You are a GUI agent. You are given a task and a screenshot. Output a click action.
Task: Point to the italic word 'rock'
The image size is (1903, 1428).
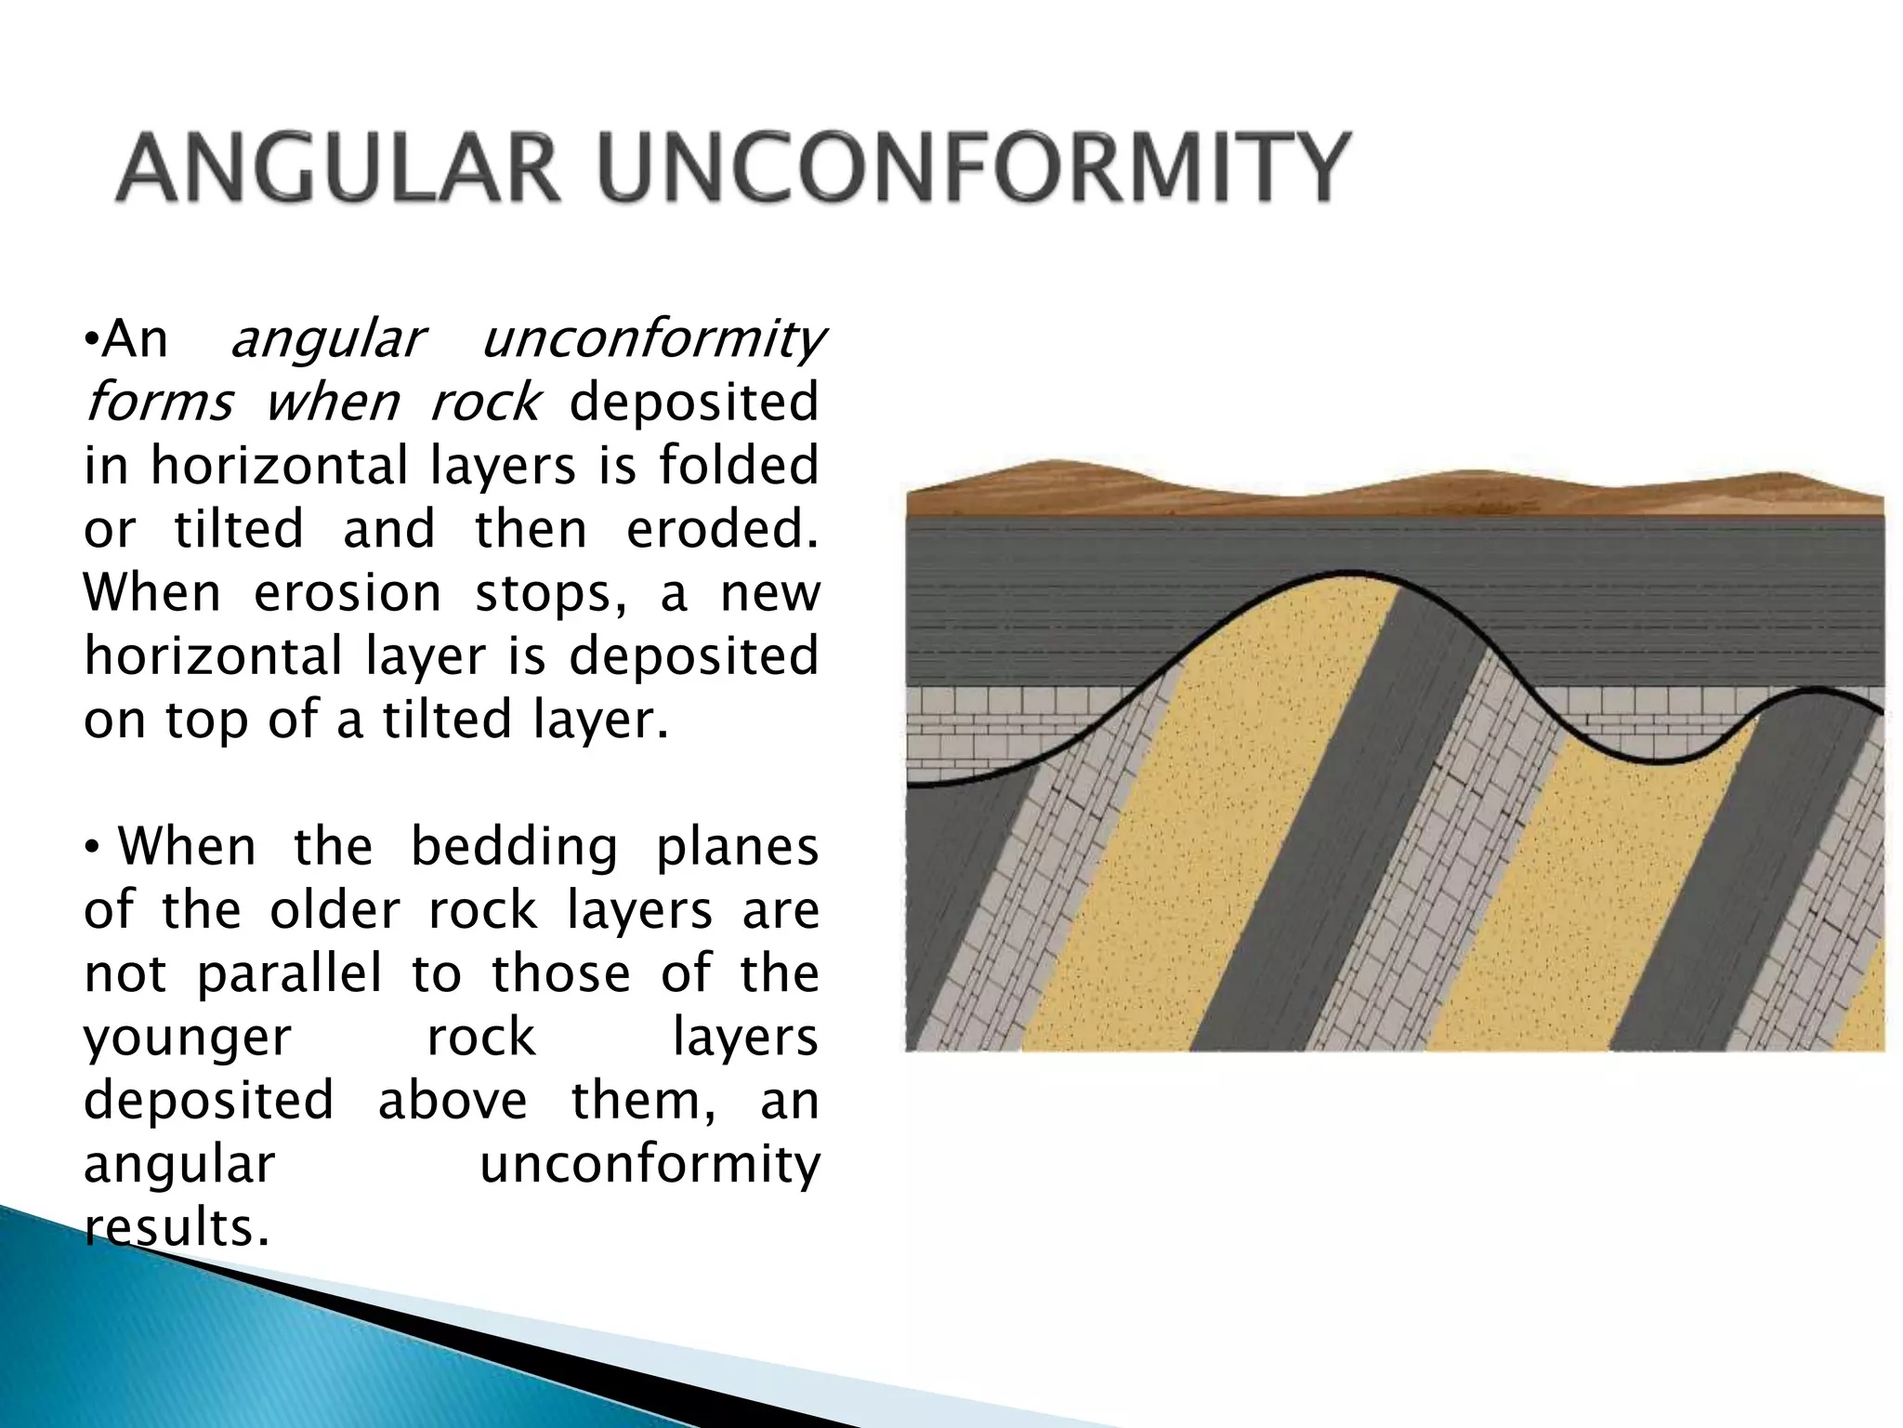click(x=483, y=403)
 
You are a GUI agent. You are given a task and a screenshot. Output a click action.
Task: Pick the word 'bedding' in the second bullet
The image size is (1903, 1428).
click(x=514, y=847)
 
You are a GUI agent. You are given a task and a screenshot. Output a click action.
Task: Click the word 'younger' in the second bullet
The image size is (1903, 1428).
click(x=188, y=1038)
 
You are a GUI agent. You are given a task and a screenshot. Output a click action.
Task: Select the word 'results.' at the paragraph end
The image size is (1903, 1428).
click(x=177, y=1227)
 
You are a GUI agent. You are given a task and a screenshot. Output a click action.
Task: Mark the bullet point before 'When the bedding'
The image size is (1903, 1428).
click(x=92, y=848)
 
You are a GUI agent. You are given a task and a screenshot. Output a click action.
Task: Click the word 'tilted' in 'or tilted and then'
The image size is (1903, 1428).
click(x=239, y=529)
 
